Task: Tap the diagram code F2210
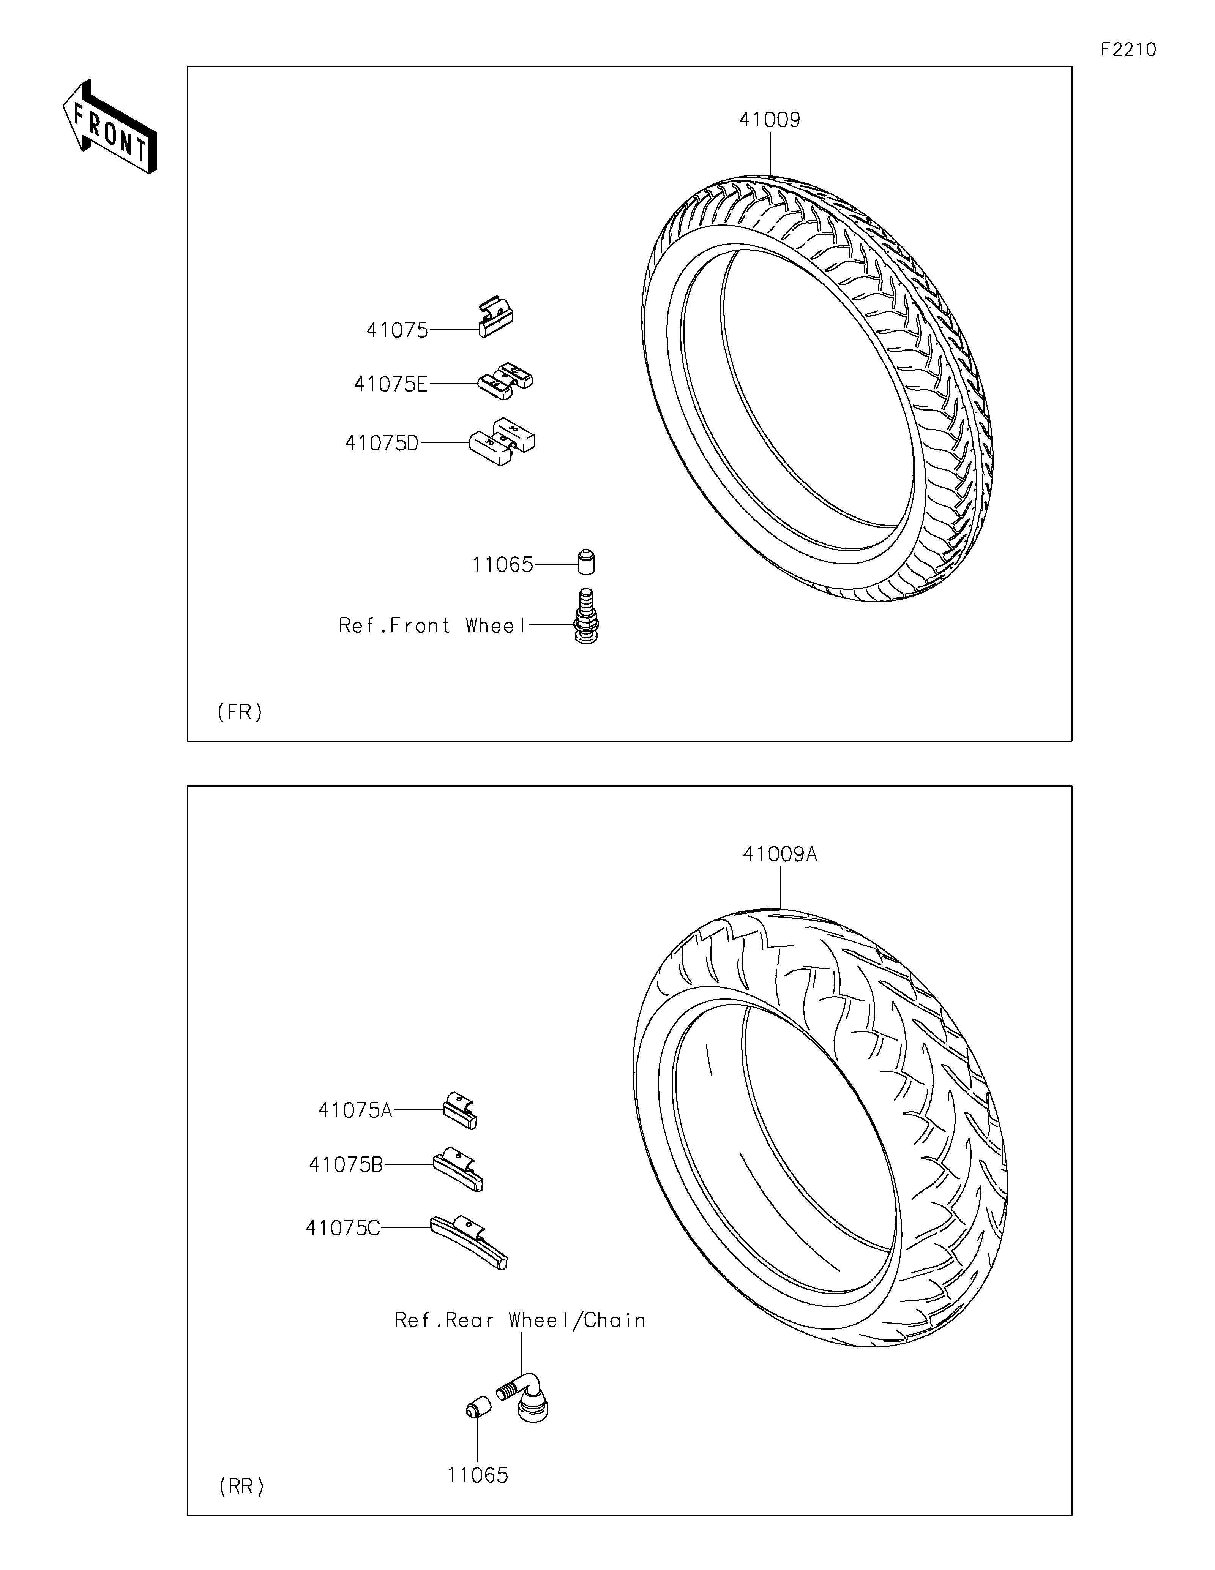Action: pyautogui.click(x=1128, y=50)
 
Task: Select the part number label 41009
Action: pyautogui.click(x=770, y=120)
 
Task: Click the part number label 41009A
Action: pyautogui.click(x=779, y=855)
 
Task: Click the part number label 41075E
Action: pyautogui.click(x=390, y=385)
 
